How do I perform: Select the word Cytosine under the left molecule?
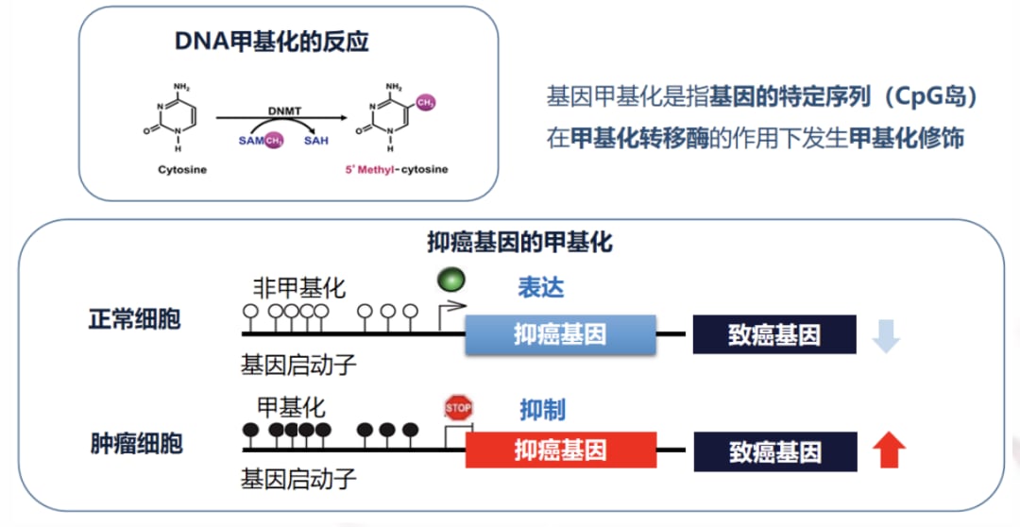182,170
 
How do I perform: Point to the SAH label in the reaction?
316,140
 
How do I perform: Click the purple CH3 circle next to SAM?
274,140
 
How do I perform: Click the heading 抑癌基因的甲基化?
519,243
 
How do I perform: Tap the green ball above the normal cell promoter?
450,280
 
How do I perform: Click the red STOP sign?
458,408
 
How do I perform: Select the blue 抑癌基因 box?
560,334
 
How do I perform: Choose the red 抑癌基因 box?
560,450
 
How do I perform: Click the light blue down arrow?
886,335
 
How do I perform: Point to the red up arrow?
888,450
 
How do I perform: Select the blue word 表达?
540,287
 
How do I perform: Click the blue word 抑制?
542,410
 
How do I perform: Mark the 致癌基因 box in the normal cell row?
774,334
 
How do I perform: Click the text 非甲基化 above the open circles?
298,287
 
